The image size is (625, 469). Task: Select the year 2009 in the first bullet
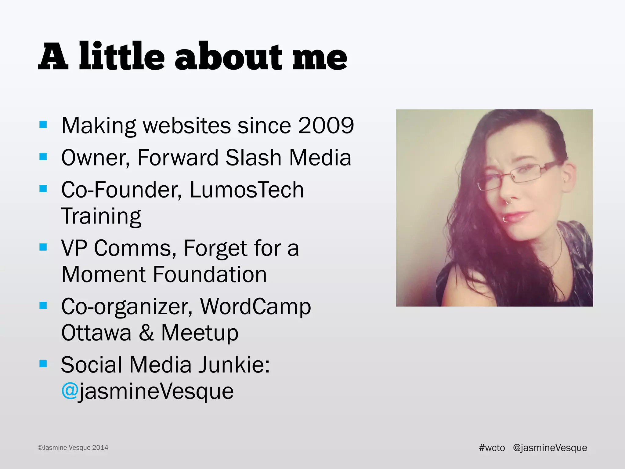pyautogui.click(x=326, y=125)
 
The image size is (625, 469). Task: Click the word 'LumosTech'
pyautogui.click(x=247, y=190)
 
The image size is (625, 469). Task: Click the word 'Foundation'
pyautogui.click(x=210, y=274)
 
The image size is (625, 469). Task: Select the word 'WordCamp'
pyautogui.click(x=255, y=307)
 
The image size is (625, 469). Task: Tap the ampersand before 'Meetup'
pyautogui.click(x=146, y=333)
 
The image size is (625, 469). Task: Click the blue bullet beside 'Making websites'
pyautogui.click(x=43, y=125)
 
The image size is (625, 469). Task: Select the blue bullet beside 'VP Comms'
pyautogui.click(x=43, y=247)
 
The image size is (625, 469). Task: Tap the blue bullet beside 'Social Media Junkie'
pyautogui.click(x=43, y=364)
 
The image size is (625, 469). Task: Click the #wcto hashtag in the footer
pyautogui.click(x=492, y=448)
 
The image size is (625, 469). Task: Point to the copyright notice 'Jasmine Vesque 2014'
pyautogui.click(x=73, y=448)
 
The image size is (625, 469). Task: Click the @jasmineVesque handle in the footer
pyautogui.click(x=550, y=448)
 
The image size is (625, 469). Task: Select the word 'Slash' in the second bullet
pyautogui.click(x=253, y=158)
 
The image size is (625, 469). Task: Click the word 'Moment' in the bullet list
pyautogui.click(x=103, y=274)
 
